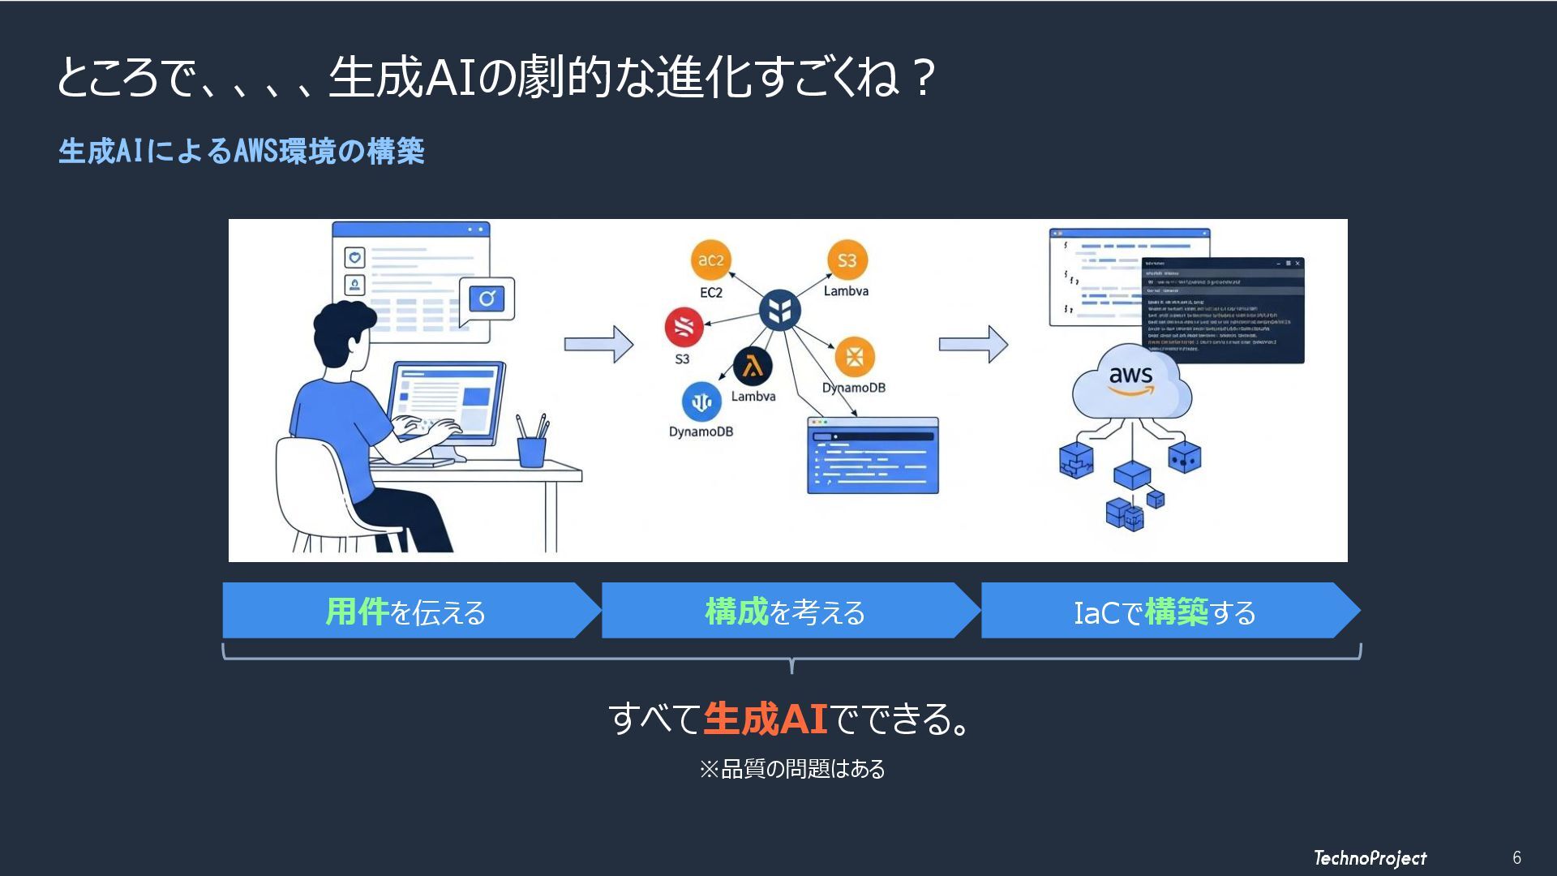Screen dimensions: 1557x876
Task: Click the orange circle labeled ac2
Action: coord(710,260)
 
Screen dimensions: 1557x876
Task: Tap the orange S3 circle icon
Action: coord(847,260)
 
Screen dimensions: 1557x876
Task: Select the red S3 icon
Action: coord(684,327)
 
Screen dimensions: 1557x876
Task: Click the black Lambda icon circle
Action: coord(753,367)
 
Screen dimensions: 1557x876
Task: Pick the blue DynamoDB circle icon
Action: coord(701,401)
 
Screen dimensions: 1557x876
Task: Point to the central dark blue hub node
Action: coord(779,310)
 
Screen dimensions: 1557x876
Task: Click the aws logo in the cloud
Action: coord(1130,379)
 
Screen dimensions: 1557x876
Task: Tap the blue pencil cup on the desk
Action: coord(531,451)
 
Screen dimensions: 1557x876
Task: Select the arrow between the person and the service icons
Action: coord(598,345)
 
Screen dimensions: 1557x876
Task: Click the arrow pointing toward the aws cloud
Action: coord(973,345)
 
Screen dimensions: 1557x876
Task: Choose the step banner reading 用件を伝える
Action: coord(405,612)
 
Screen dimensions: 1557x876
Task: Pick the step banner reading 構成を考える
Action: coord(785,612)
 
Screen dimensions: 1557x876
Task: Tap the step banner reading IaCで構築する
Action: coord(1165,612)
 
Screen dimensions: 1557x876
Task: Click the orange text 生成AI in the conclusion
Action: coord(765,719)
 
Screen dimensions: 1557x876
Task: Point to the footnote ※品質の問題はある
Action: coord(792,769)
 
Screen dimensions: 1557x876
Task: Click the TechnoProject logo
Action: coord(1370,858)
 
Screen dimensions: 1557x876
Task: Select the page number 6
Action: coord(1516,858)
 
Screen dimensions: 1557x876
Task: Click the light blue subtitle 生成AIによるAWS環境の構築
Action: coord(242,152)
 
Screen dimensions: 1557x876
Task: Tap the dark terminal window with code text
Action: coord(1223,311)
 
